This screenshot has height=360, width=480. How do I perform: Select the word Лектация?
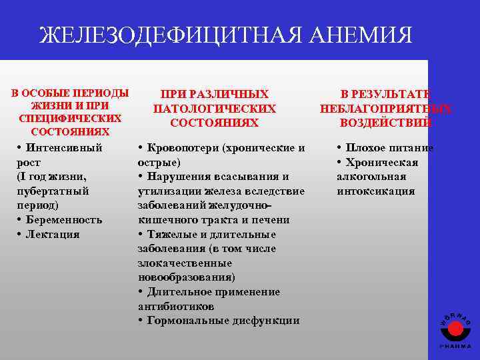(53, 234)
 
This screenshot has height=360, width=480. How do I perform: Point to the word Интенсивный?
(65, 147)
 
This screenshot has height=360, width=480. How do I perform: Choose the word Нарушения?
(180, 177)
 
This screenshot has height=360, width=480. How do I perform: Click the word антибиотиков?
(176, 306)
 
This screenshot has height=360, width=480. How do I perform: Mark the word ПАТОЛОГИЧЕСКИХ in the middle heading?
(214, 109)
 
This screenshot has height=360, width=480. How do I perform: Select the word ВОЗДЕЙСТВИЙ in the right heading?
(385, 123)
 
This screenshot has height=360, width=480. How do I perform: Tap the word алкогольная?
(371, 177)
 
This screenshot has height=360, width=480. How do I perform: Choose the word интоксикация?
(375, 191)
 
